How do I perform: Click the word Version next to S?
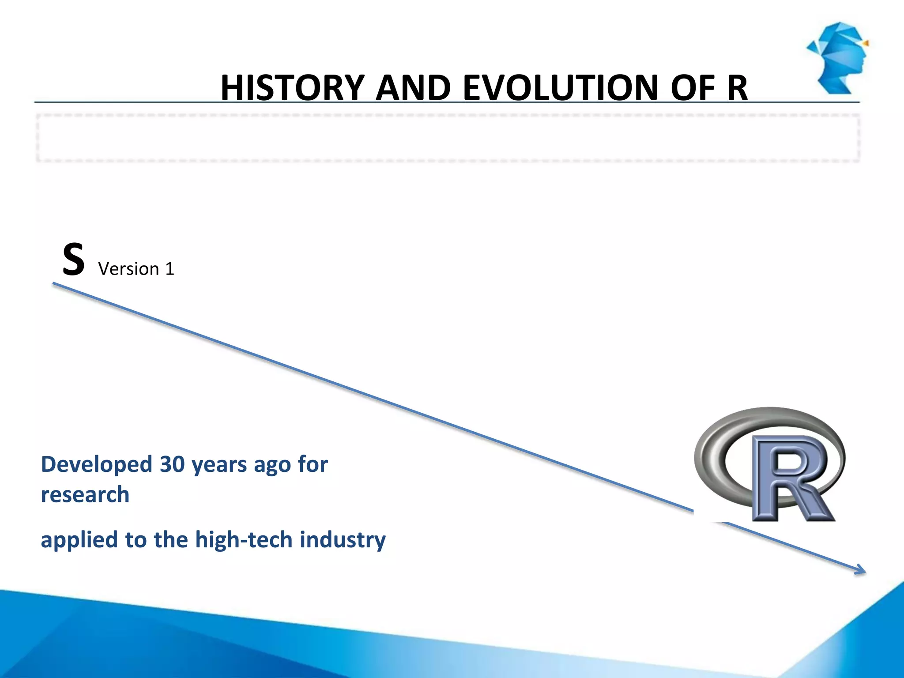tap(128, 269)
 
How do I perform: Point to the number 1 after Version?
tap(170, 269)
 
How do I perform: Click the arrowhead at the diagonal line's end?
tap(861, 571)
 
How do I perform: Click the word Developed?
tap(97, 464)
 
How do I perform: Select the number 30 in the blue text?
tap(172, 464)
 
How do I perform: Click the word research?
tap(85, 494)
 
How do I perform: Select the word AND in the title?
tap(413, 88)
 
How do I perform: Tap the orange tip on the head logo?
tap(866, 43)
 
